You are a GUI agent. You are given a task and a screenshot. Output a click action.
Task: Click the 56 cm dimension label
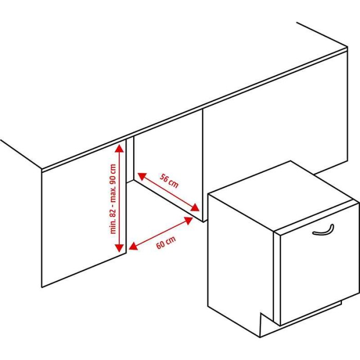(169, 181)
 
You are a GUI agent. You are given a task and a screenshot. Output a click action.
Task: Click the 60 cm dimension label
(166, 242)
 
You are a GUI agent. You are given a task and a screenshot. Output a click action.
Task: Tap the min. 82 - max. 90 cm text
(114, 199)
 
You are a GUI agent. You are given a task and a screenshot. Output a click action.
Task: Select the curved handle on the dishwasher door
(323, 230)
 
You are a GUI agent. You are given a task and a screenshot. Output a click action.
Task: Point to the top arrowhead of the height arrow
(119, 148)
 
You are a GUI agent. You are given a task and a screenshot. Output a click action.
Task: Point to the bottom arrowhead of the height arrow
(119, 248)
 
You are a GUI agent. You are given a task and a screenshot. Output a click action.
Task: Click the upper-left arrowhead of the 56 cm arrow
(142, 176)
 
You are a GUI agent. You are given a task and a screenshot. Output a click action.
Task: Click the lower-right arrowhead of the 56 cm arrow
(195, 208)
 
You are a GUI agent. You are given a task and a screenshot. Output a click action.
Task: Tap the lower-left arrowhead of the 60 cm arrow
(133, 246)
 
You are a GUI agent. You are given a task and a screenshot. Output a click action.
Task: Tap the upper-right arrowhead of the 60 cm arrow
(188, 221)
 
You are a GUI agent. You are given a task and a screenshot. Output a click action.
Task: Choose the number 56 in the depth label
(165, 178)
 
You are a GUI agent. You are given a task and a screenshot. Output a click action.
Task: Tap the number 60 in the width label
(161, 245)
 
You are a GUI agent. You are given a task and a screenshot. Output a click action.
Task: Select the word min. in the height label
(114, 228)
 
